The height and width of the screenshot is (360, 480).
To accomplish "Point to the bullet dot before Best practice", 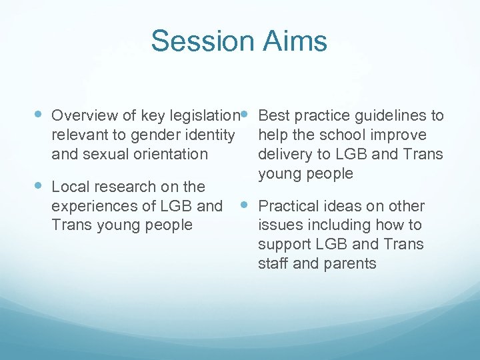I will tap(245, 114).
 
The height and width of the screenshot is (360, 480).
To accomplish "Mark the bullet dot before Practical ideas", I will tap(245, 205).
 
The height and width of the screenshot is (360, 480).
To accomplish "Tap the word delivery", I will tap(283, 154).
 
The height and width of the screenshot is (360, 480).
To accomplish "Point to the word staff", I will tap(273, 263).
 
